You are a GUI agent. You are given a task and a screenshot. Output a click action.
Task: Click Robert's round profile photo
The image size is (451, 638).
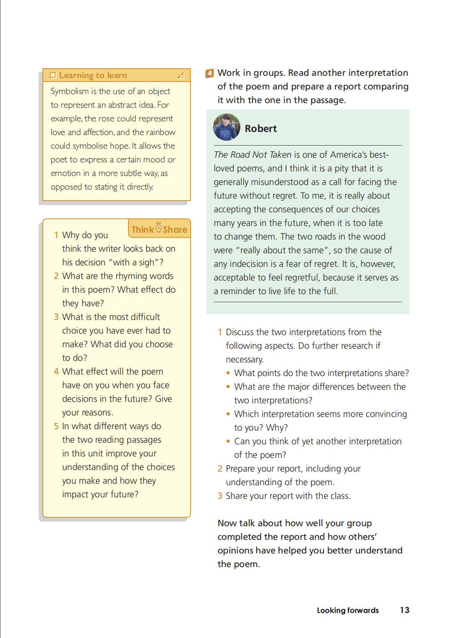pyautogui.click(x=227, y=127)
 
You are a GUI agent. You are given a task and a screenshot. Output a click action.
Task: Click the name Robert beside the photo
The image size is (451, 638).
pyautogui.click(x=261, y=129)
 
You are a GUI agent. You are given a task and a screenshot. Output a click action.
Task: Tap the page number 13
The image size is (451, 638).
pyautogui.click(x=404, y=610)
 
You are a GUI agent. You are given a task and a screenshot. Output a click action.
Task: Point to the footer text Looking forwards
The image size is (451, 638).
pyautogui.click(x=348, y=610)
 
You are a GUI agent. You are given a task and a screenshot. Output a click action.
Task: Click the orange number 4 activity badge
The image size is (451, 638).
pyautogui.click(x=210, y=73)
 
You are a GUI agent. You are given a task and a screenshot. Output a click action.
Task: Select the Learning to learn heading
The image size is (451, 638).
pyautogui.click(x=93, y=75)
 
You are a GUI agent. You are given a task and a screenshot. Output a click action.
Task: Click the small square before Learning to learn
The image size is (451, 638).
pyautogui.click(x=53, y=75)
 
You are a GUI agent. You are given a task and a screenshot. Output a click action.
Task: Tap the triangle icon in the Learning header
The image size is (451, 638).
pyautogui.click(x=181, y=75)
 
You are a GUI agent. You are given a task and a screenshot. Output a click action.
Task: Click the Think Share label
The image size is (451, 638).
pyautogui.click(x=159, y=229)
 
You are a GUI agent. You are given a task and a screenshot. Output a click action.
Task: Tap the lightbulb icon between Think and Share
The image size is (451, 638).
pyautogui.click(x=158, y=227)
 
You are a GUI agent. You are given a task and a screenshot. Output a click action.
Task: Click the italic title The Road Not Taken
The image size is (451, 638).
pyautogui.click(x=252, y=155)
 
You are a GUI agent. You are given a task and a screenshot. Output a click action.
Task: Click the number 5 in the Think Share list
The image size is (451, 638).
pyautogui.click(x=56, y=426)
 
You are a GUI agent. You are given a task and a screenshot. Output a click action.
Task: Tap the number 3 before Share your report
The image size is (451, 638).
pyautogui.click(x=220, y=496)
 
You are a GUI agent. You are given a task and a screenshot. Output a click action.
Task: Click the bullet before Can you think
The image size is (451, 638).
pyautogui.click(x=228, y=441)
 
